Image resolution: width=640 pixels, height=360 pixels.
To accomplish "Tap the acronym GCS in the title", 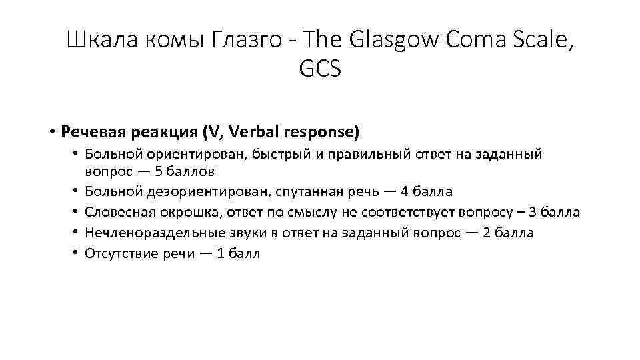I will point(320,69).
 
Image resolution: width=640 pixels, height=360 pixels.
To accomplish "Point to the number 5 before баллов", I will point(158,170).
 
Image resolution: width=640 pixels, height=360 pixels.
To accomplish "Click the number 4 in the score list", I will point(405,192).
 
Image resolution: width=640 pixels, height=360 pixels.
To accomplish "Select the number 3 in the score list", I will point(531,213).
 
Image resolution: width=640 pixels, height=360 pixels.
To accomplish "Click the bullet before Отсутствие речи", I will point(77,253).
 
